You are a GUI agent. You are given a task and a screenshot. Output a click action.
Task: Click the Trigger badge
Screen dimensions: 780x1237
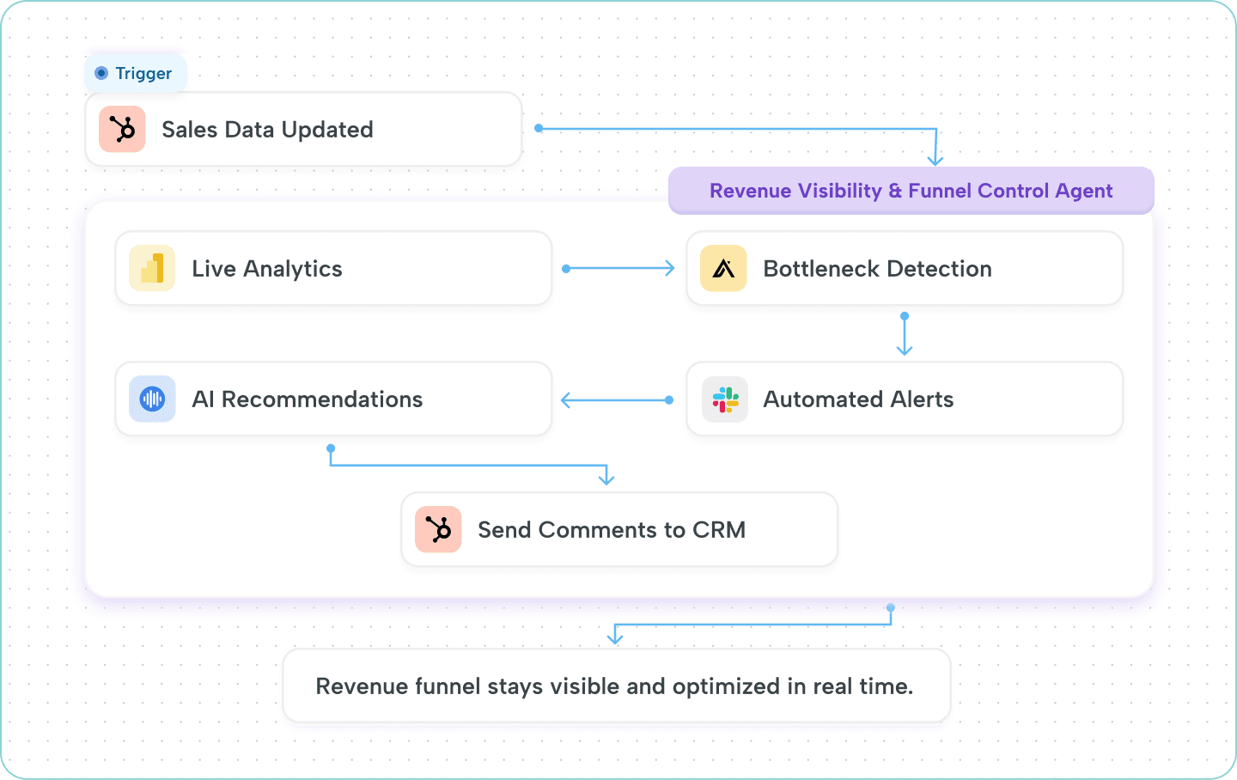(136, 74)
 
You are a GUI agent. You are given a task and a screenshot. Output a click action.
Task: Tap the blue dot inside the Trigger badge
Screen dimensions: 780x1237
(101, 74)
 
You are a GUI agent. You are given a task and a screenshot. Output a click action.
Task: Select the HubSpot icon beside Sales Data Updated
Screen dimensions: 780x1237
(122, 130)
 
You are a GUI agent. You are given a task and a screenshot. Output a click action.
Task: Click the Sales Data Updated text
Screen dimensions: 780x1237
(267, 130)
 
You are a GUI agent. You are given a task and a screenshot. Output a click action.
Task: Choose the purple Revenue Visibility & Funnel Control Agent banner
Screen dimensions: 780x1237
(911, 191)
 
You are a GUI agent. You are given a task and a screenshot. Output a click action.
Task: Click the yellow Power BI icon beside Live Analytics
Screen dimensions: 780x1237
(152, 269)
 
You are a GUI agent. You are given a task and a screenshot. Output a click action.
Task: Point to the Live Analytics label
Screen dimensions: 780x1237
(267, 269)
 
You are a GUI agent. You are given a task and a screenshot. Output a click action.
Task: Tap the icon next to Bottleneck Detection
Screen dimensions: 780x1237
(723, 269)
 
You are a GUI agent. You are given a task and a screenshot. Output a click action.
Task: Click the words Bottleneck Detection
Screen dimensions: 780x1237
(877, 269)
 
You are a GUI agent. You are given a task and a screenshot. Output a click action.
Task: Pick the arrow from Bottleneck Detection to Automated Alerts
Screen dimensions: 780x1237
(904, 334)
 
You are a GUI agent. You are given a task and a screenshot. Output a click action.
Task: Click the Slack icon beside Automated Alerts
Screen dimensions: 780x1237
(725, 399)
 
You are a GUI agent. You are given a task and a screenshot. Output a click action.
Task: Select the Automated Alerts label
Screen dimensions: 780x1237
(858, 399)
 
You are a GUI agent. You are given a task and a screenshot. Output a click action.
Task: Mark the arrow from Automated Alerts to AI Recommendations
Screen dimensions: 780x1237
(617, 399)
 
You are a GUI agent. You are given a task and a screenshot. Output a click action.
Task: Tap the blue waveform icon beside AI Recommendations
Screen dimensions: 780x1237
(152, 399)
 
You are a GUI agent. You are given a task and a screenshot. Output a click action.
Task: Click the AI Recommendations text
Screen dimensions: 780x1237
(308, 399)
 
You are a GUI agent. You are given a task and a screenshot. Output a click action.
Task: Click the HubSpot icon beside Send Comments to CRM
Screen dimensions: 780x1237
(438, 530)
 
